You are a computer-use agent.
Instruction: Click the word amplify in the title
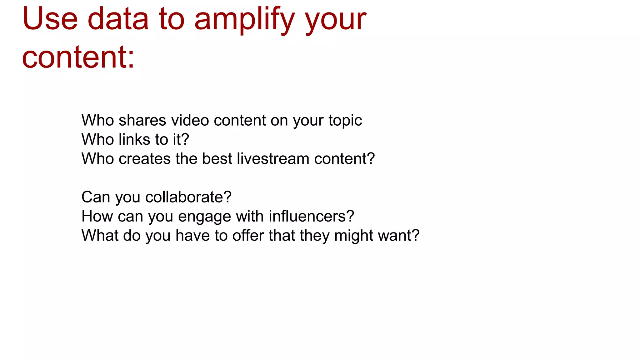(244, 20)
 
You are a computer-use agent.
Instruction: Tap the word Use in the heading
(50, 19)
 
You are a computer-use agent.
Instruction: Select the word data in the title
(118, 19)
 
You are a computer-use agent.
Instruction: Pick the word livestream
(273, 159)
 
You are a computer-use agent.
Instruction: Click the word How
(97, 216)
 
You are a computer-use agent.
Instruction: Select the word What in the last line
(100, 235)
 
